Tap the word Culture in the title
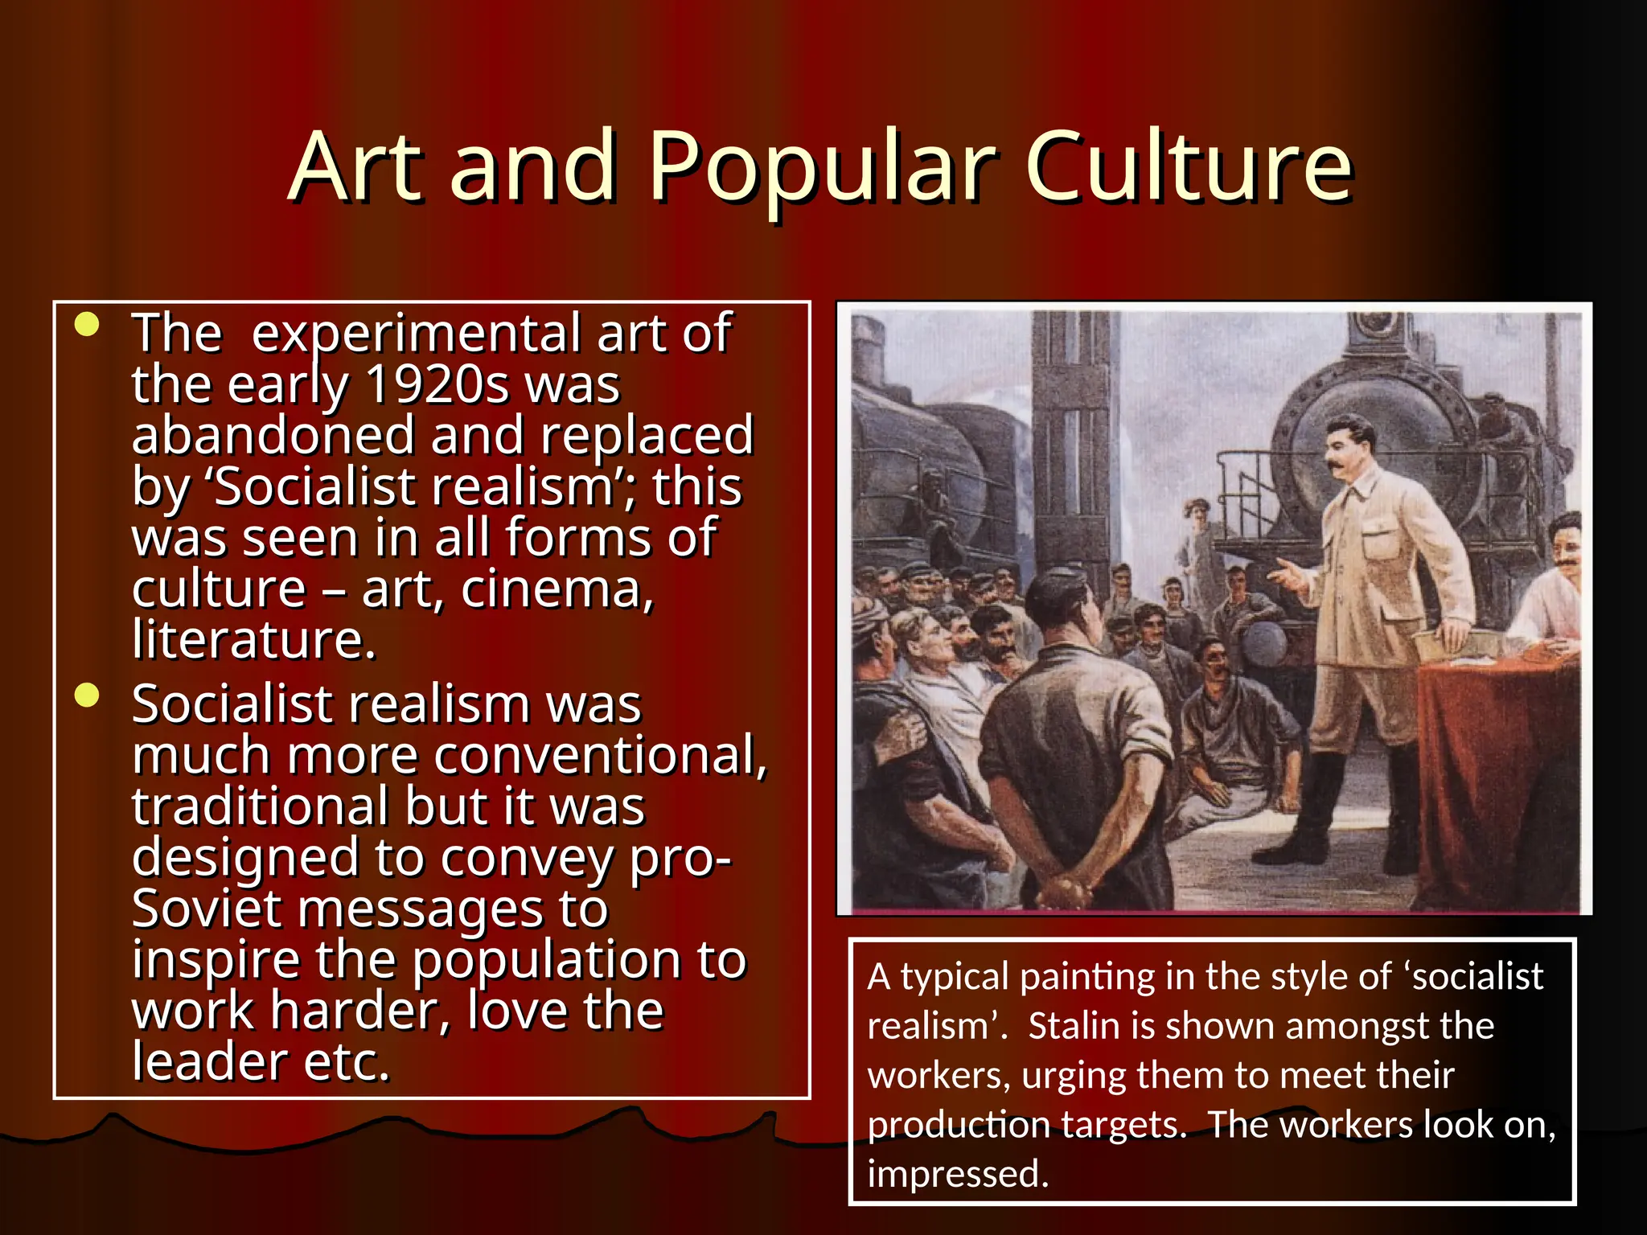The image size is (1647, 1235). pyautogui.click(x=1189, y=166)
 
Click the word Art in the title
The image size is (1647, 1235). pyautogui.click(x=355, y=166)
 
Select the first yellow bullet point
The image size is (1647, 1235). pyautogui.click(x=86, y=325)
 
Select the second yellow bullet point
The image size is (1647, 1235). pyautogui.click(x=86, y=695)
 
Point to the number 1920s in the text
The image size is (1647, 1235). pyautogui.click(x=437, y=384)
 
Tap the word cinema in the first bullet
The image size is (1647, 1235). pyautogui.click(x=557, y=589)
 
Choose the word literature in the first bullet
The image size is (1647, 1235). pyautogui.click(x=253, y=640)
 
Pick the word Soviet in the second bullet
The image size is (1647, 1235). pyautogui.click(x=206, y=909)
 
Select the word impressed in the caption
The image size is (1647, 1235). pyautogui.click(x=957, y=1174)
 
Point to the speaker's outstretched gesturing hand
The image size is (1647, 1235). pyautogui.click(x=1287, y=574)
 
